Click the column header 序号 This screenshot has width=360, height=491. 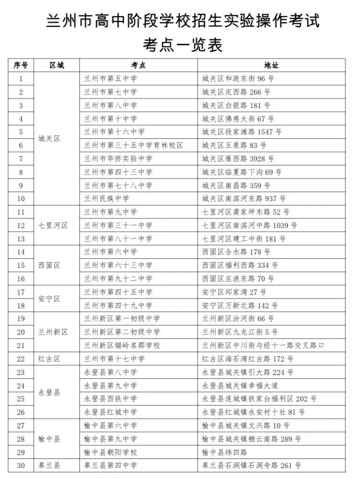click(x=21, y=65)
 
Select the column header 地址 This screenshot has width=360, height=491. click(x=271, y=65)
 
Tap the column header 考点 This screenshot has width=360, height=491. click(x=138, y=65)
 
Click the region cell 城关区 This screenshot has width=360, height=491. click(x=49, y=138)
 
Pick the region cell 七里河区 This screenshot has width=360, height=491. click(x=53, y=225)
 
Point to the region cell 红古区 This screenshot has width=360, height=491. click(x=49, y=359)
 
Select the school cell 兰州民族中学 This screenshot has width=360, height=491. click(x=107, y=198)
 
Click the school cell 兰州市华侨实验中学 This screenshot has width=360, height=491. click(x=118, y=158)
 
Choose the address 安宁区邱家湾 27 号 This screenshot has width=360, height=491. click(x=234, y=292)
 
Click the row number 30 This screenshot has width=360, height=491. click(x=21, y=465)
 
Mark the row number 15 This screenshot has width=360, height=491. click(x=21, y=265)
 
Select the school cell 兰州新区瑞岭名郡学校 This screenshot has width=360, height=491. click(x=122, y=345)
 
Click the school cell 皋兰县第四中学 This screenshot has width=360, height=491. click(x=110, y=465)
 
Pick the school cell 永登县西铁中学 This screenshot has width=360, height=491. click(x=110, y=398)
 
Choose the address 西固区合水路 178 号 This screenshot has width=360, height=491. click(x=236, y=251)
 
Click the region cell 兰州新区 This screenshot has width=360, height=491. click(x=53, y=332)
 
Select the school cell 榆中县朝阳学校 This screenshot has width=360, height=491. click(x=110, y=452)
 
